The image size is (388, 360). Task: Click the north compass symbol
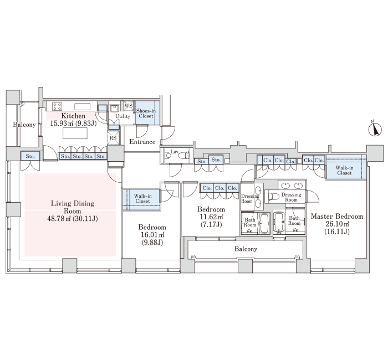coord(375,129)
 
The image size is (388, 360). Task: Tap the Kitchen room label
coord(73,116)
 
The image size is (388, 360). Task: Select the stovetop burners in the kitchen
coord(57,106)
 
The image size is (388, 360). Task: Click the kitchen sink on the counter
coord(83,106)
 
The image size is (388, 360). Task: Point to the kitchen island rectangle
coord(75,133)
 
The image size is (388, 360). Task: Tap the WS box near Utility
coord(129,106)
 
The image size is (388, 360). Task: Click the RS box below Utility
coord(113,138)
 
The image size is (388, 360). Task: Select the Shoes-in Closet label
coord(146,114)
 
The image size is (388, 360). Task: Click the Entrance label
coord(142,142)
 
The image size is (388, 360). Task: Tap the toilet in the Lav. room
coord(184,155)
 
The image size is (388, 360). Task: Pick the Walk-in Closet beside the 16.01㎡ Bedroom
coord(141,200)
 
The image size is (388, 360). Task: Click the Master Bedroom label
coord(337,217)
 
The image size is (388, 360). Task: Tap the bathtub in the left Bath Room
coord(264,224)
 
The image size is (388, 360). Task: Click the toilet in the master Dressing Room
coord(274,197)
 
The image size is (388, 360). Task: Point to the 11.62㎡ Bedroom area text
coord(211,217)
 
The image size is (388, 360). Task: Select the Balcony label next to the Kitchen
coord(24,125)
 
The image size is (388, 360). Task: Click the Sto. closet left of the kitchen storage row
coord(30,156)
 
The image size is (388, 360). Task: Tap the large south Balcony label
coord(246,249)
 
